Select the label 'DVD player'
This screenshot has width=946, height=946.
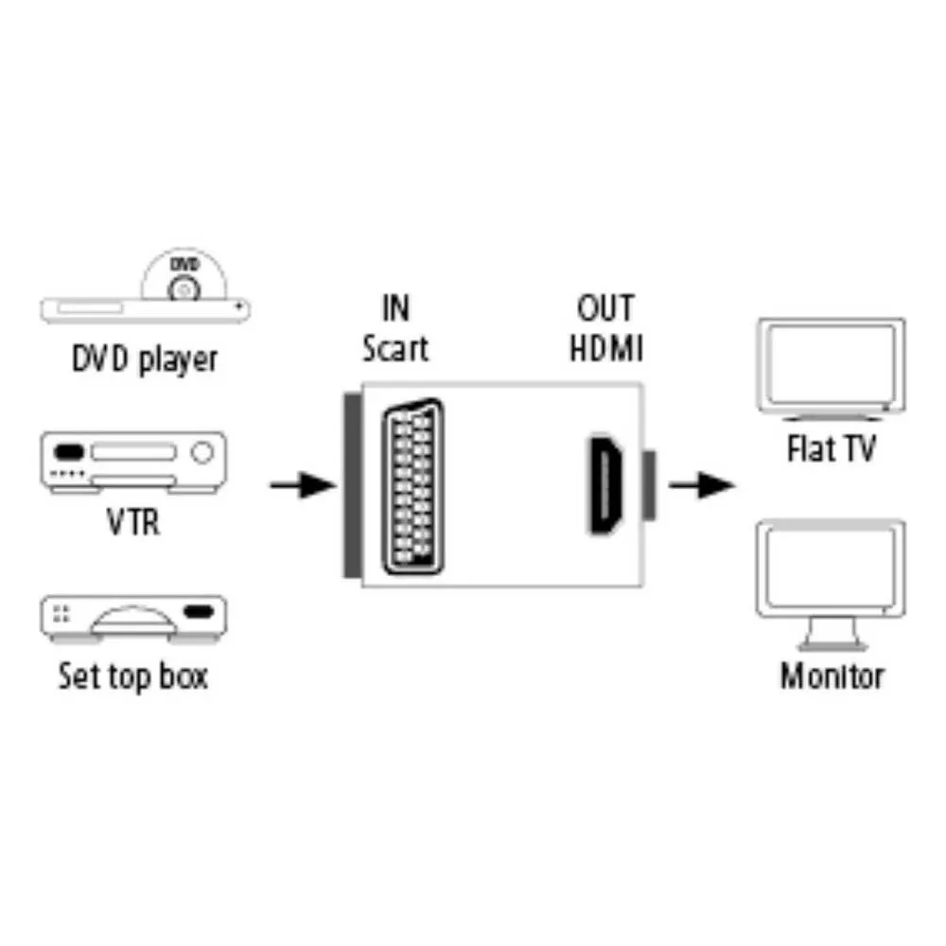click(x=145, y=359)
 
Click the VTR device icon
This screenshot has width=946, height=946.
click(x=132, y=463)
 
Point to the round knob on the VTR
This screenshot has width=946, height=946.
click(x=201, y=452)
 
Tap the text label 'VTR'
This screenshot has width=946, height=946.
click(x=132, y=521)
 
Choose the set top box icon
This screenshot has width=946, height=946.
click(x=132, y=621)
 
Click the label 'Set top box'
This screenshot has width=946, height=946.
click(x=132, y=676)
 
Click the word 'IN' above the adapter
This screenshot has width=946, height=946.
click(x=395, y=308)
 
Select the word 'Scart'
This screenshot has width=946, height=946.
click(x=395, y=348)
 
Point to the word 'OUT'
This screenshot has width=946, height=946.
click(x=605, y=308)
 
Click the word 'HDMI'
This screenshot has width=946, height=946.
click(x=605, y=348)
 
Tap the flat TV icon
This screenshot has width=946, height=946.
click(x=831, y=369)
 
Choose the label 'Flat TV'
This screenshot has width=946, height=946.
click(x=831, y=448)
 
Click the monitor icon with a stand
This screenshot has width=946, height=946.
click(x=831, y=583)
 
